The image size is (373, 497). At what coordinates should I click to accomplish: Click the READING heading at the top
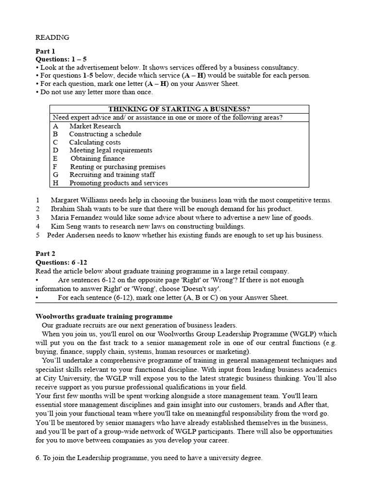click(52, 37)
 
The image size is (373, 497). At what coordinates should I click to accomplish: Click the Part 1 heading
click(46, 51)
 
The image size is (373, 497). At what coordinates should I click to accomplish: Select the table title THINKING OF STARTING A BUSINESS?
click(179, 109)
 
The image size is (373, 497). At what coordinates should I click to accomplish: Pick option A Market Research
click(95, 126)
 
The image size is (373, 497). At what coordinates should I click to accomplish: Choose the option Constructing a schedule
click(105, 134)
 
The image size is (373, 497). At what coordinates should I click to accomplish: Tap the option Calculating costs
click(95, 143)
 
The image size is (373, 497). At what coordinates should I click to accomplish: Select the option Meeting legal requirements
click(111, 150)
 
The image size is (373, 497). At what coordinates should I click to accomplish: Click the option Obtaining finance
click(98, 159)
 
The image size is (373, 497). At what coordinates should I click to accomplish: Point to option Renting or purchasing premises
click(118, 167)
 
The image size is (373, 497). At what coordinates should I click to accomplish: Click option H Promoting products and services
click(119, 183)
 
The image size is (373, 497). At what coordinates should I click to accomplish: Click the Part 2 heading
click(46, 253)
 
